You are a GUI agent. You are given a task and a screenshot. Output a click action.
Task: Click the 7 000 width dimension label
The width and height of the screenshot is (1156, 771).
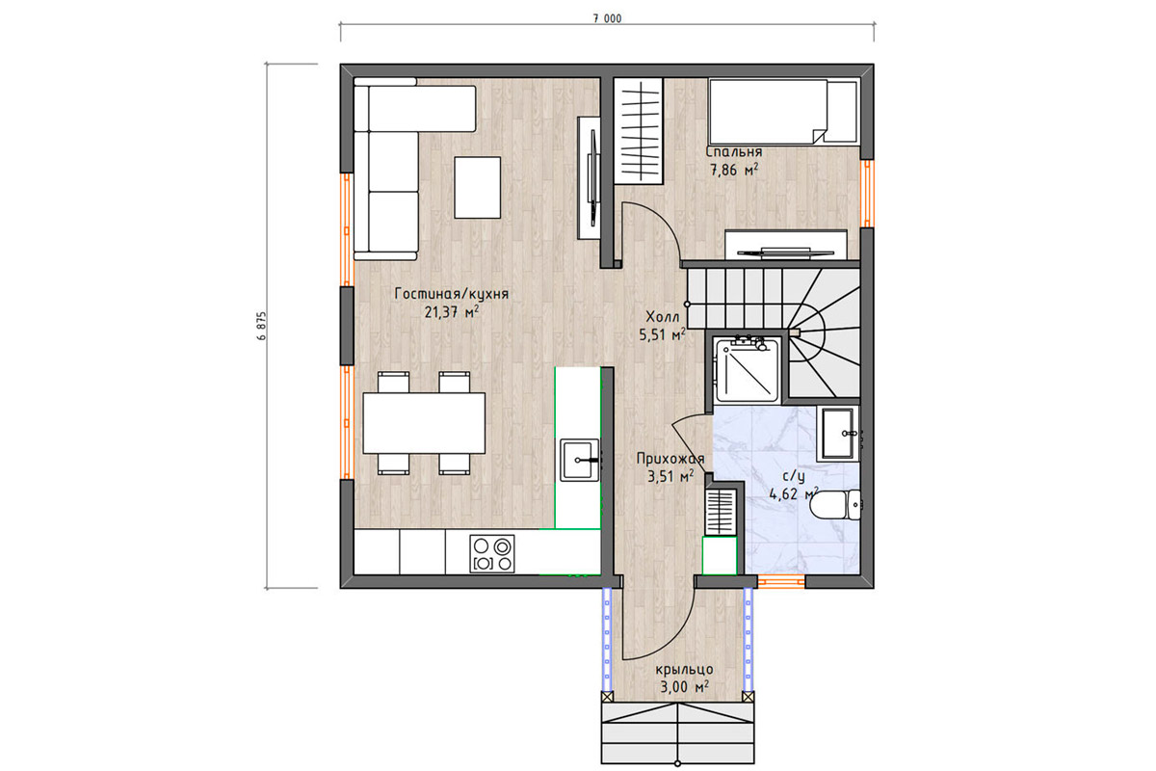click(x=607, y=19)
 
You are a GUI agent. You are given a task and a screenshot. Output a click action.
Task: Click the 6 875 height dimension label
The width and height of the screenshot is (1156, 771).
click(x=262, y=326)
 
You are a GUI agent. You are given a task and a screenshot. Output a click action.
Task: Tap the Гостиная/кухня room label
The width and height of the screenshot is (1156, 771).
click(x=452, y=294)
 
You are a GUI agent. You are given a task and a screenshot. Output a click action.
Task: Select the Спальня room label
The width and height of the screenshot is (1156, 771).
click(x=734, y=152)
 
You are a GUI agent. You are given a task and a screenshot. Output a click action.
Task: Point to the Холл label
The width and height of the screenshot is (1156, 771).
click(x=663, y=316)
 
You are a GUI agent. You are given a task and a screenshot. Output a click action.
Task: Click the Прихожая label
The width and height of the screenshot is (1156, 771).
click(x=670, y=459)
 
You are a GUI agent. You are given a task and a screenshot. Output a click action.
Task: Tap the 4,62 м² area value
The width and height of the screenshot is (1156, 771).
click(x=794, y=494)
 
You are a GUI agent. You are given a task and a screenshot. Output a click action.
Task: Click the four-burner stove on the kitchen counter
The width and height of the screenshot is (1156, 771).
click(x=492, y=553)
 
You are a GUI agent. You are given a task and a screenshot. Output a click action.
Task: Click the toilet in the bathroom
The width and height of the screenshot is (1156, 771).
click(x=835, y=504)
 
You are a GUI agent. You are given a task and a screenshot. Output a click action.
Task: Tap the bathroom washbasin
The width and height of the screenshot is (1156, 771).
click(x=837, y=434)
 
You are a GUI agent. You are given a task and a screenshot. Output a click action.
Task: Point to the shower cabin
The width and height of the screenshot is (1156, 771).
click(x=748, y=369)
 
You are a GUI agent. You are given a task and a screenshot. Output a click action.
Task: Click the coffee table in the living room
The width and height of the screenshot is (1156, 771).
click(x=478, y=188)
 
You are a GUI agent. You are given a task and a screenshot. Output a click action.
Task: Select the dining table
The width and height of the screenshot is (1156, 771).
click(x=424, y=423)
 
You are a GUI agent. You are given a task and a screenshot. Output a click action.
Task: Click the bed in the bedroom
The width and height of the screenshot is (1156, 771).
click(x=783, y=111)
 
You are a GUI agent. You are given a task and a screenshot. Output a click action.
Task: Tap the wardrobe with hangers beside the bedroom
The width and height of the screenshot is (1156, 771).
click(x=640, y=131)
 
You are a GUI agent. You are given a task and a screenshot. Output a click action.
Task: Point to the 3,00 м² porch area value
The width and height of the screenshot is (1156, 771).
click(x=684, y=687)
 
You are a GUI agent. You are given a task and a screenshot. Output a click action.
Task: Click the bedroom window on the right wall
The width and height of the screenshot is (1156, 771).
click(x=868, y=194)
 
